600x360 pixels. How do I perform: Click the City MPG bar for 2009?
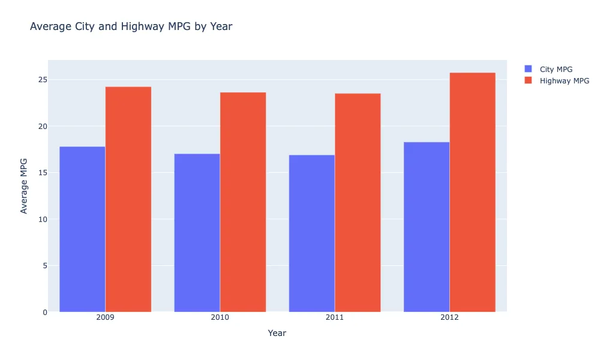click(82, 229)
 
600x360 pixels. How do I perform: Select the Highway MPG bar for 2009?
click(128, 199)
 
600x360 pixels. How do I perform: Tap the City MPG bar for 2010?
click(197, 233)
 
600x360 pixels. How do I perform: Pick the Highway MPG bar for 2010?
click(243, 202)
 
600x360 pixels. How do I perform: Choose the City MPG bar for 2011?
click(312, 233)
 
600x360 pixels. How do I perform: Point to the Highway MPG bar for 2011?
click(358, 203)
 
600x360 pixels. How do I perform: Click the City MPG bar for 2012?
click(427, 227)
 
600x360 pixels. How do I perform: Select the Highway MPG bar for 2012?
click(472, 192)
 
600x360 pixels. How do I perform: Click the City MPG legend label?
click(556, 69)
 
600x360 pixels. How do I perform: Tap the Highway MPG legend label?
click(564, 80)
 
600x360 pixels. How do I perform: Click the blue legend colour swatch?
click(528, 69)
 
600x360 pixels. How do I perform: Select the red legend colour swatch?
click(528, 80)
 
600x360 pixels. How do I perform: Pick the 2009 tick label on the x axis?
click(105, 317)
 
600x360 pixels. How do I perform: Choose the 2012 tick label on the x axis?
click(449, 317)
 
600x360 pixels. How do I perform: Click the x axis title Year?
click(277, 333)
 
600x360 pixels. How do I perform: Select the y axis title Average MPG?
click(25, 186)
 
